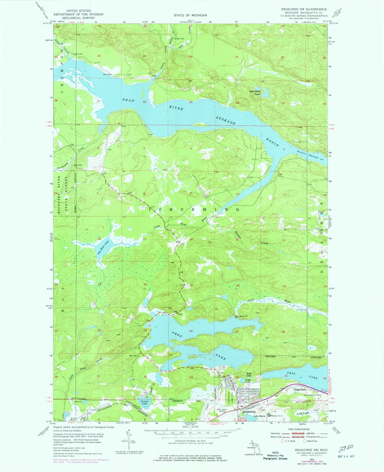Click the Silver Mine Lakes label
[x=255, y=92]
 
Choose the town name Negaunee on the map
[x=300, y=389]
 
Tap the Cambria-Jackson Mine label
[x=312, y=395]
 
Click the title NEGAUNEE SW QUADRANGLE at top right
[x=304, y=9]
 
